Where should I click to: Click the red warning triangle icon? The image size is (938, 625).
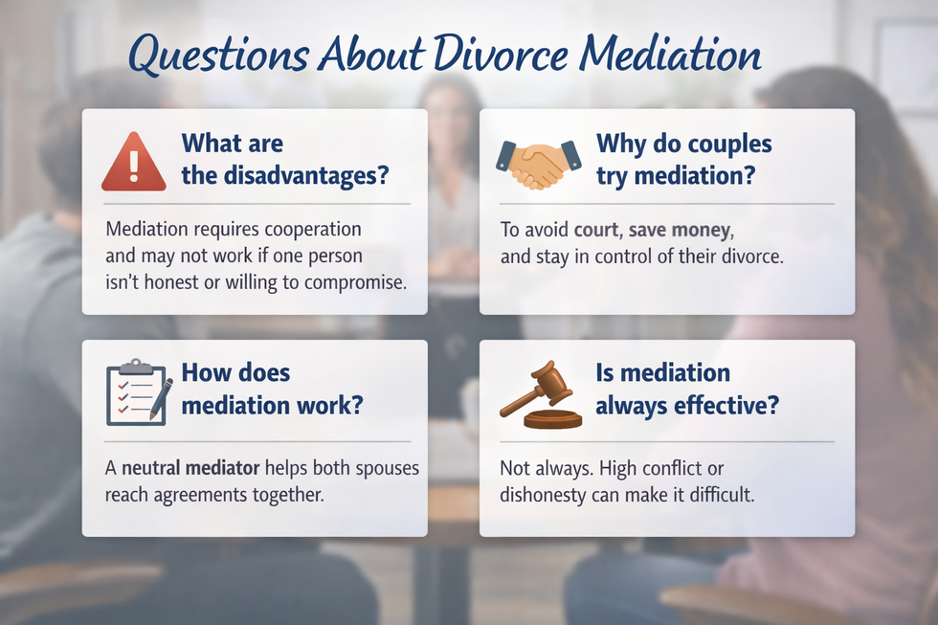[134, 162]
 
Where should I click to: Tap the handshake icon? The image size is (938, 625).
[539, 164]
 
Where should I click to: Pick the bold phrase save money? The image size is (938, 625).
[680, 231]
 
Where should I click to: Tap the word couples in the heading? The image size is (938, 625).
[723, 145]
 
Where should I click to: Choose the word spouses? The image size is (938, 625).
[386, 469]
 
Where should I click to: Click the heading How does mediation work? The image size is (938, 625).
[272, 389]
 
